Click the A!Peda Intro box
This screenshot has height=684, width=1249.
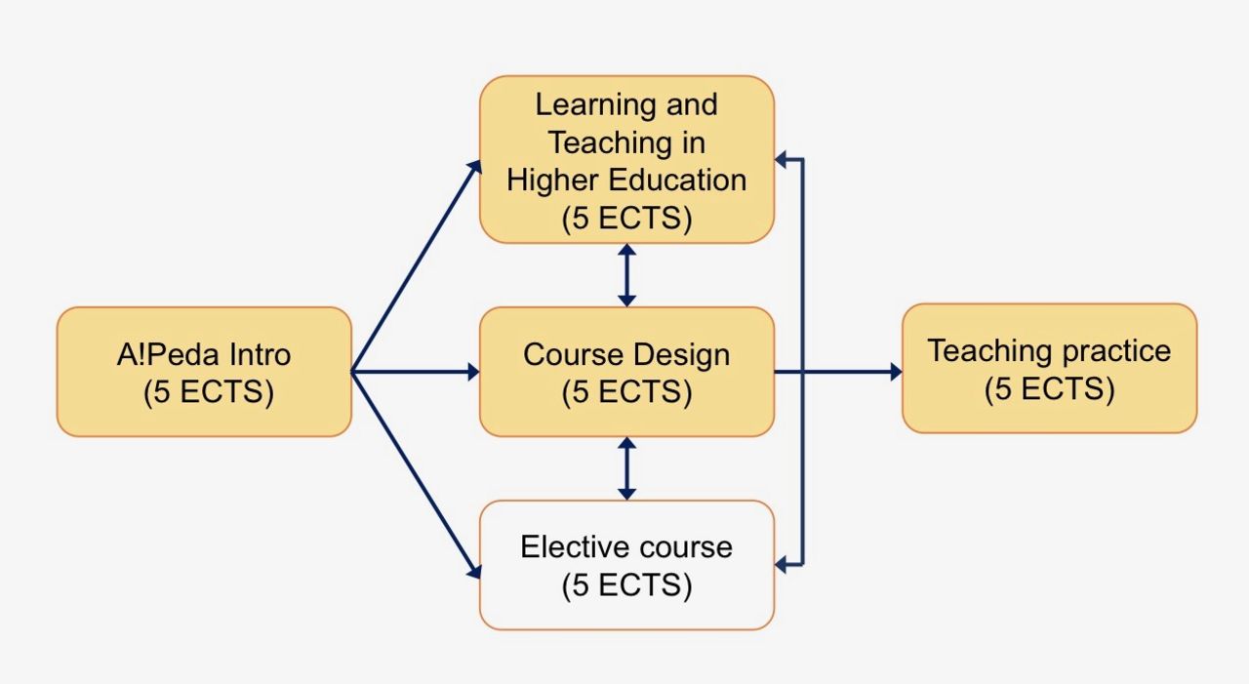pos(204,372)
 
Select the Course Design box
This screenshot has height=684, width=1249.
pos(626,372)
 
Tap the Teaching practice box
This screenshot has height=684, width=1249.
pos(1049,368)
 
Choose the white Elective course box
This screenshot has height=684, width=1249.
pos(626,565)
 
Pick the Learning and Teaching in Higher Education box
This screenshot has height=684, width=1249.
pos(626,159)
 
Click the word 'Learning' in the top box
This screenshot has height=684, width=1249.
pos(582,104)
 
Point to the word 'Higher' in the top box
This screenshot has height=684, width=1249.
pos(552,181)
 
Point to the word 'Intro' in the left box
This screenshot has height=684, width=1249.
pos(256,353)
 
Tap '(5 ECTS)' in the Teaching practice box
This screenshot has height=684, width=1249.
pos(1049,388)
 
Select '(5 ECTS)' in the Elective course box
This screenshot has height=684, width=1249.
pos(626,585)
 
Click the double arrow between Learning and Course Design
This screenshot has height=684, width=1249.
pos(626,275)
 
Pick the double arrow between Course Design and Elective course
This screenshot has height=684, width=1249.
pos(626,468)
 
